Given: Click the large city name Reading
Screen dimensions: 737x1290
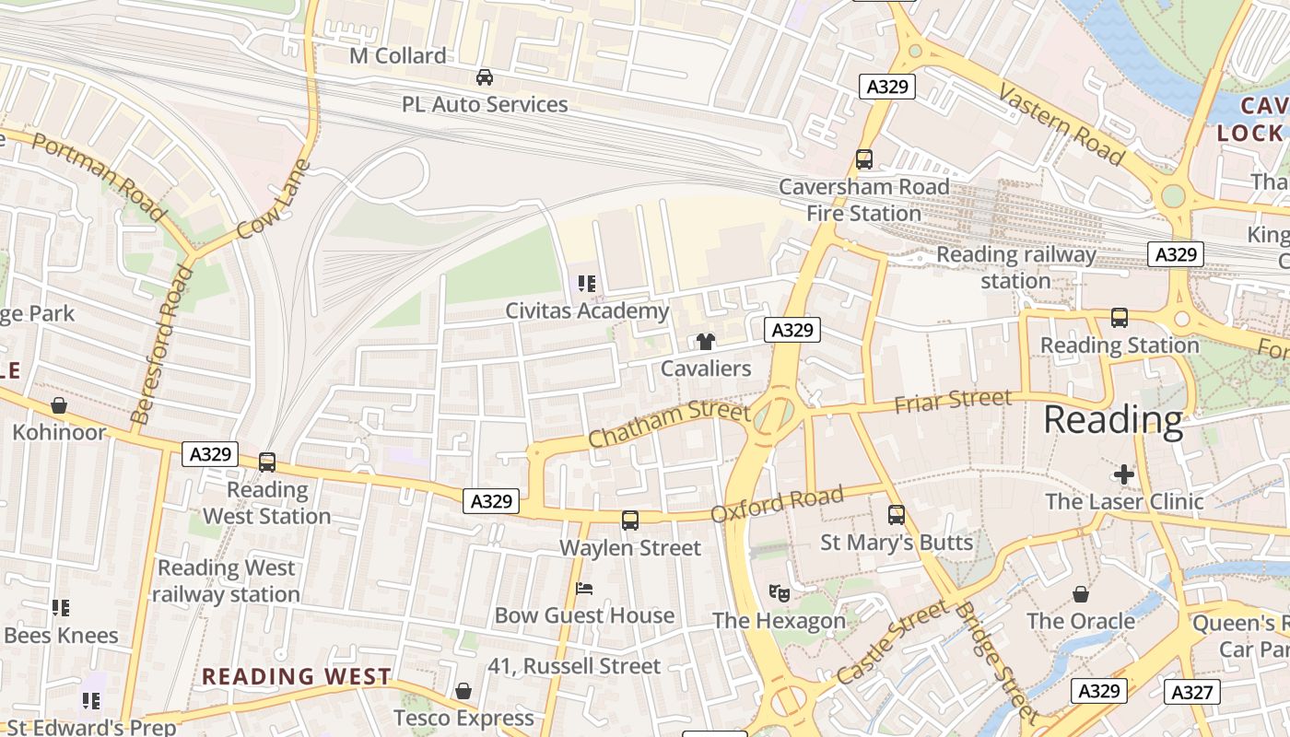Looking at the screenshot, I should pyautogui.click(x=1113, y=420).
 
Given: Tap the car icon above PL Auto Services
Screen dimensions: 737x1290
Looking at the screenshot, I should pyautogui.click(x=484, y=77).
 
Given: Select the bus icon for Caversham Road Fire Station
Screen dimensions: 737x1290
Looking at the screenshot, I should pyautogui.click(x=863, y=158).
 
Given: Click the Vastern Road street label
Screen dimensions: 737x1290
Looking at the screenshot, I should pyautogui.click(x=1061, y=126).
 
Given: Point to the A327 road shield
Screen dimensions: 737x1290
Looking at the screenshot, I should pyautogui.click(x=1191, y=692).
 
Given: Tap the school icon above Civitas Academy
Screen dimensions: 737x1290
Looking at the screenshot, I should pyautogui.click(x=586, y=284).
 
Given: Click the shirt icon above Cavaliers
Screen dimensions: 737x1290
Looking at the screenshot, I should pyautogui.click(x=706, y=342).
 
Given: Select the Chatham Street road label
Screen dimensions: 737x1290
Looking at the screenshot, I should pyautogui.click(x=668, y=423).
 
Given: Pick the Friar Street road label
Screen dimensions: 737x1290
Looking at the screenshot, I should pyautogui.click(x=953, y=401).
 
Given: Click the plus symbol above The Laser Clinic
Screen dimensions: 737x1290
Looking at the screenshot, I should pyautogui.click(x=1124, y=474).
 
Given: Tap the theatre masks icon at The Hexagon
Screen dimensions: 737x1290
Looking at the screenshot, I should pyautogui.click(x=779, y=593).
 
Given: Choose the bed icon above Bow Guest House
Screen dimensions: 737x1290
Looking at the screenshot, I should pyautogui.click(x=584, y=588).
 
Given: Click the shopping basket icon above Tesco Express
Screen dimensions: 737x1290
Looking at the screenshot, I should pyautogui.click(x=463, y=691).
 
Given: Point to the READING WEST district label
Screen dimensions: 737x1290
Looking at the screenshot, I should pyautogui.click(x=297, y=676).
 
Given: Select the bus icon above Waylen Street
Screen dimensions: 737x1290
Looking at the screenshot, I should pyautogui.click(x=630, y=521).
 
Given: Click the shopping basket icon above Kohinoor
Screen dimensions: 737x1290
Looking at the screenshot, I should pyautogui.click(x=59, y=405).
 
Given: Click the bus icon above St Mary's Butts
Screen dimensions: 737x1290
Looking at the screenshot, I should pyautogui.click(x=897, y=515).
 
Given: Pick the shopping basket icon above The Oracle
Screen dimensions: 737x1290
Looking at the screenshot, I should pyautogui.click(x=1081, y=594).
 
